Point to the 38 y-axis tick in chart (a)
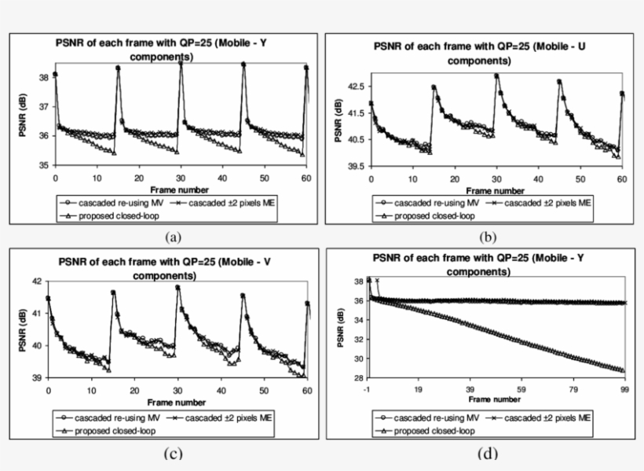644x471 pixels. [x=44, y=76]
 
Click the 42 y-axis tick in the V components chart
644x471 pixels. [x=40, y=281]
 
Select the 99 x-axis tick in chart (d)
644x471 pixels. [x=624, y=388]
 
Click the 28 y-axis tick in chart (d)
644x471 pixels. [x=358, y=378]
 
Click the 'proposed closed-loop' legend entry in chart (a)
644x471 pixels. [x=108, y=215]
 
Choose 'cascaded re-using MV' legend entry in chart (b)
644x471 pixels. [x=424, y=203]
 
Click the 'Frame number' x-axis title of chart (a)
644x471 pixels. [x=180, y=190]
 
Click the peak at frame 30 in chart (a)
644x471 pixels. [x=181, y=62]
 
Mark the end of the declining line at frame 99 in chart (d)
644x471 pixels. [x=624, y=370]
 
